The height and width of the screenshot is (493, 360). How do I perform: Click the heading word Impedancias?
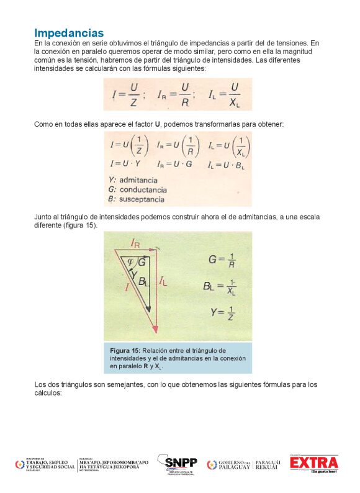(x=69, y=32)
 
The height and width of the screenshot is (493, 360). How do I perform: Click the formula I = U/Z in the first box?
(x=127, y=95)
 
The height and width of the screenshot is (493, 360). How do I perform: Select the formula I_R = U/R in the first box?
(x=174, y=95)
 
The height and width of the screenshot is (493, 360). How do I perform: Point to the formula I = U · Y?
(x=127, y=165)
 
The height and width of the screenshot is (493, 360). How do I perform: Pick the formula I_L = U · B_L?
(x=227, y=165)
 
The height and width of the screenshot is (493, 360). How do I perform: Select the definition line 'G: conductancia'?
(x=137, y=189)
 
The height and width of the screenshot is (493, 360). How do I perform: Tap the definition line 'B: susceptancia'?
(x=137, y=199)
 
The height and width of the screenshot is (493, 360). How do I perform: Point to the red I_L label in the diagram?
(x=163, y=281)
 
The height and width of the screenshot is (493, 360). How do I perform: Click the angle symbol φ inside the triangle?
(x=130, y=261)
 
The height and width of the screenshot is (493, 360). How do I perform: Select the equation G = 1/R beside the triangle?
(x=221, y=260)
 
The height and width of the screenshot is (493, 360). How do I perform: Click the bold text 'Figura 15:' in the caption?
(x=126, y=350)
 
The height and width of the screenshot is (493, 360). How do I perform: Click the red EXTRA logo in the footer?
(x=315, y=464)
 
